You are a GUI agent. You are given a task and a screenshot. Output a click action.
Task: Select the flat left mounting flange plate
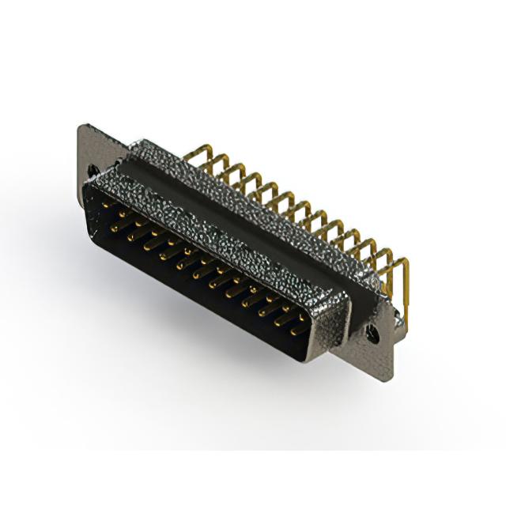tap(89, 150)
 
